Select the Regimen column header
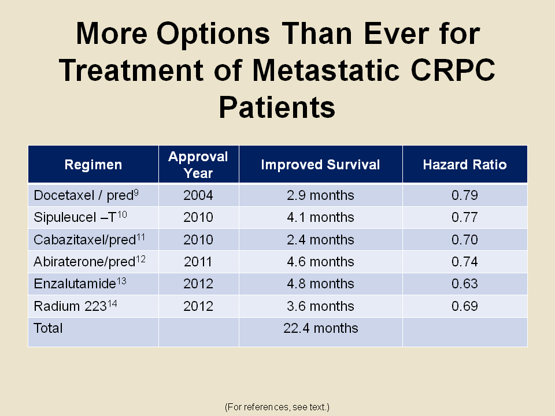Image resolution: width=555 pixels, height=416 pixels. click(93, 165)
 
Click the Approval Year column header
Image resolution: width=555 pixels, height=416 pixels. click(198, 165)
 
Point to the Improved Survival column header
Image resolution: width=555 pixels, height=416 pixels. click(320, 165)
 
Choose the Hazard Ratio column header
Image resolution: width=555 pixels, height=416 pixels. click(464, 165)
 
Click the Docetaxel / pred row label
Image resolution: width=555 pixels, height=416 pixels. click(86, 195)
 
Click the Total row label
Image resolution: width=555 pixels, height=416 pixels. click(49, 328)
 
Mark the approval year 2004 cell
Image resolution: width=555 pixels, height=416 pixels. click(198, 195)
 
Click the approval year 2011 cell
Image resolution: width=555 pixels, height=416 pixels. click(198, 262)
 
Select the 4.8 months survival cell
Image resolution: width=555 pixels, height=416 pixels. click(320, 284)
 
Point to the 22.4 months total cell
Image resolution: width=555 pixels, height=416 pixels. click(320, 328)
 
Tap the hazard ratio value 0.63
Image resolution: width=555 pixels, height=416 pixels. click(464, 284)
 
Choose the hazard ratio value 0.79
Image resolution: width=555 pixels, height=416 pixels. click(464, 195)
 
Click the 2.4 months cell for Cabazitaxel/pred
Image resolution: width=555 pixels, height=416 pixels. click(320, 240)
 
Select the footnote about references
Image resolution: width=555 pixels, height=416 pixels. click(277, 407)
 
